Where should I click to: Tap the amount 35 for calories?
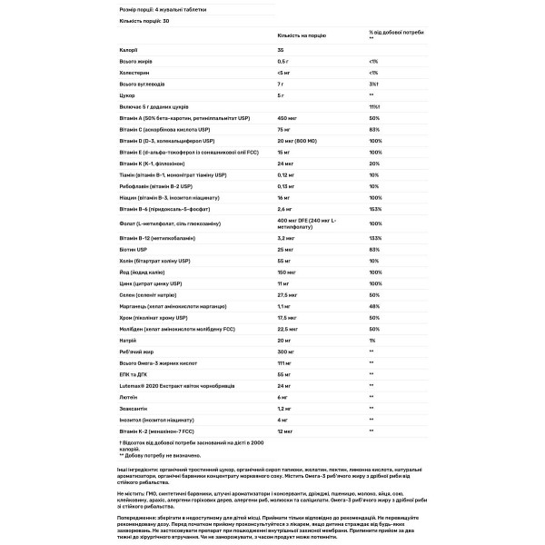(x=280, y=52)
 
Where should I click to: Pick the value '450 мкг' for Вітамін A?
(x=288, y=119)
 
